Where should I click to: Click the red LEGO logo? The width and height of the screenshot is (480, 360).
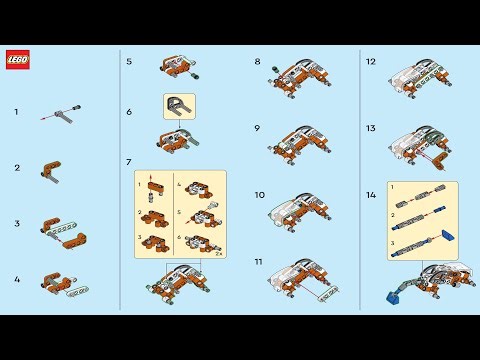[x=18, y=60]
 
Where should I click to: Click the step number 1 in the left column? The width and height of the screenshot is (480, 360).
[x=16, y=112]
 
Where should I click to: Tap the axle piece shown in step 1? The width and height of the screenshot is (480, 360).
[x=61, y=113]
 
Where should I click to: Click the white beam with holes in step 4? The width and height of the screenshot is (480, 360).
[x=78, y=291]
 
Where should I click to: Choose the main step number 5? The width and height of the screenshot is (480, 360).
[x=129, y=61]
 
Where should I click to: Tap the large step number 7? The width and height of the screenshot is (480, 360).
[x=129, y=162]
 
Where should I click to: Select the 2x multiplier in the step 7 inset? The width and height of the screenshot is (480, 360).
[x=217, y=255]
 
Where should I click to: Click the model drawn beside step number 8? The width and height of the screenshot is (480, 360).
[x=298, y=75]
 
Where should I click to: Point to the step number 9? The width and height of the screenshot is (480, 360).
[x=257, y=128]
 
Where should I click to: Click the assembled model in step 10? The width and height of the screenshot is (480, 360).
[x=298, y=206]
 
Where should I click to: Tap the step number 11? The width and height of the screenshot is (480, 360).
[x=258, y=261]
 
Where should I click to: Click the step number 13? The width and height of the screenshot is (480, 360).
[x=370, y=128]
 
